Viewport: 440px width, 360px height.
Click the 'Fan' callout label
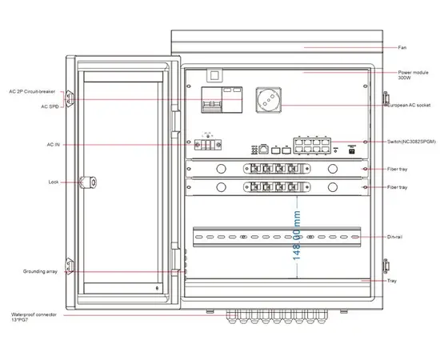point(402,47)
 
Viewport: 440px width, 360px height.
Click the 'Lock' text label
point(53,182)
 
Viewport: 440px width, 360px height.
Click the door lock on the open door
point(95,182)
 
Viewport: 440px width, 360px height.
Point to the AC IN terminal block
point(210,145)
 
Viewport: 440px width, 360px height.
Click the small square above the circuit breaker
point(213,77)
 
